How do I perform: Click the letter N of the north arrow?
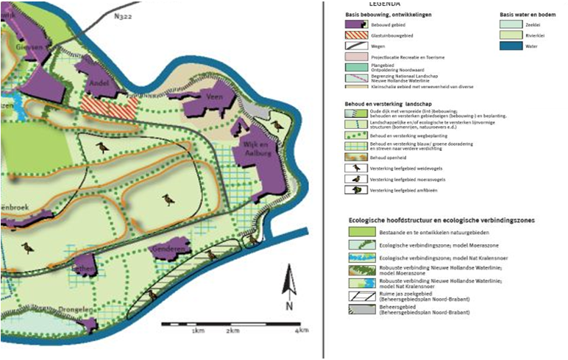(291, 306)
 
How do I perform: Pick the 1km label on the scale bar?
(197, 332)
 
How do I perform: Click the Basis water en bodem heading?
(528, 15)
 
